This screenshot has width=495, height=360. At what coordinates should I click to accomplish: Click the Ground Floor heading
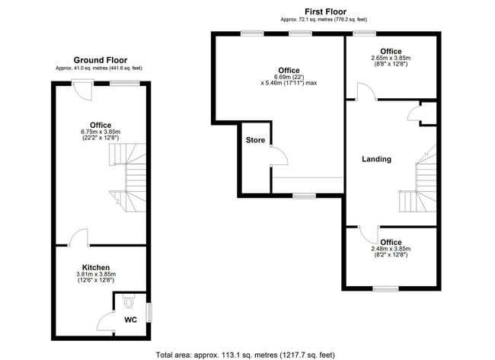click(x=100, y=60)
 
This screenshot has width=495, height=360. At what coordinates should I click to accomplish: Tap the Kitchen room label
click(x=100, y=267)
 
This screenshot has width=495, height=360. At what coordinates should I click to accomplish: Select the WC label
click(x=130, y=320)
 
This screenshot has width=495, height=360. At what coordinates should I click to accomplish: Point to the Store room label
click(x=254, y=140)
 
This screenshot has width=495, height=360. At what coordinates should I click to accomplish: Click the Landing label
click(x=376, y=159)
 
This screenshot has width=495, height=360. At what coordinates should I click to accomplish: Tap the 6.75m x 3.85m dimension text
click(x=100, y=132)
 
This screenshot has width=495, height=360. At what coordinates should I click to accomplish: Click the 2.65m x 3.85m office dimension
click(x=391, y=58)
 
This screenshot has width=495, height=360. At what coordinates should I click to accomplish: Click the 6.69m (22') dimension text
click(x=289, y=78)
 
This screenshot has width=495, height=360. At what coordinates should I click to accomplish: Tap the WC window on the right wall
click(x=148, y=311)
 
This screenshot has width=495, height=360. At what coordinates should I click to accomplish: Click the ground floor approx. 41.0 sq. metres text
click(x=100, y=68)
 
